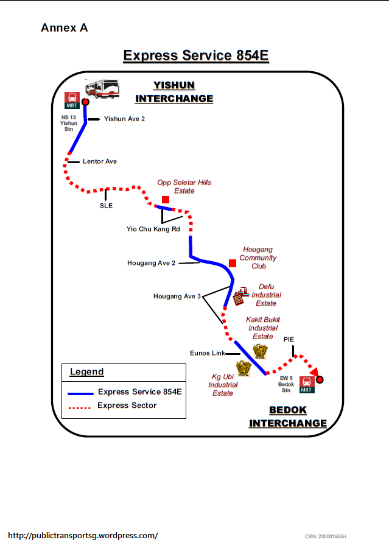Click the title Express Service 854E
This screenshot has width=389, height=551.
click(196, 55)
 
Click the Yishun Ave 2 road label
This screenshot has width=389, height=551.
click(124, 119)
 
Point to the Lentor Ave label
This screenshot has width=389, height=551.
click(100, 161)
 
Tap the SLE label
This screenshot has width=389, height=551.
click(107, 206)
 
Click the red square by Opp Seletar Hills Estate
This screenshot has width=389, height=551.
click(165, 200)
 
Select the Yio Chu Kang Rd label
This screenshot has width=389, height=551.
click(153, 229)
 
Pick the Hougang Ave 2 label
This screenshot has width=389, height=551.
click(152, 263)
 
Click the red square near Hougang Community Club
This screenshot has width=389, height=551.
click(232, 263)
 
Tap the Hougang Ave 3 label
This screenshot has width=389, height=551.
click(177, 297)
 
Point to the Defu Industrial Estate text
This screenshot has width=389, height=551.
click(266, 295)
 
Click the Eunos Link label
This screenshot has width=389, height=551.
click(208, 353)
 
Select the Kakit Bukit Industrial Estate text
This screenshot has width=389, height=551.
click(263, 328)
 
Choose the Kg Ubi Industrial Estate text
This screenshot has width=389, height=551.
click(223, 385)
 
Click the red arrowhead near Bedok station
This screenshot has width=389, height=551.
click(314, 372)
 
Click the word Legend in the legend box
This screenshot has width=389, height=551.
click(87, 372)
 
